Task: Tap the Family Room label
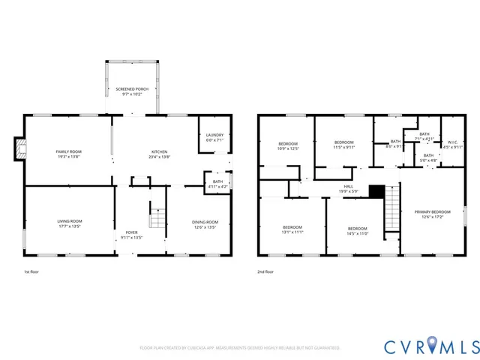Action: pyautogui.click(x=68, y=154)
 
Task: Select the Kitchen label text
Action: pyautogui.click(x=158, y=154)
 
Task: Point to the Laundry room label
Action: pyautogui.click(x=214, y=137)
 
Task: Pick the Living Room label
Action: pyautogui.click(x=70, y=223)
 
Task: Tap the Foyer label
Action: pyautogui.click(x=131, y=235)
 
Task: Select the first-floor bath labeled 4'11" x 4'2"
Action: pyautogui.click(x=217, y=184)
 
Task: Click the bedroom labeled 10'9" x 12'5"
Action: pyautogui.click(x=289, y=146)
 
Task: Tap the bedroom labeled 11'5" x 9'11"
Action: pyautogui.click(x=343, y=145)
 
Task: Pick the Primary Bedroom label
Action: pyautogui.click(x=433, y=214)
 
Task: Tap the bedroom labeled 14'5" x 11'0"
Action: pyautogui.click(x=357, y=231)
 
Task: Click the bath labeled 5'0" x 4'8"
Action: pyautogui.click(x=427, y=157)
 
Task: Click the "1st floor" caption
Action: pyautogui.click(x=32, y=272)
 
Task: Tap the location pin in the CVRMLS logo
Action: pyautogui.click(x=435, y=346)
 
